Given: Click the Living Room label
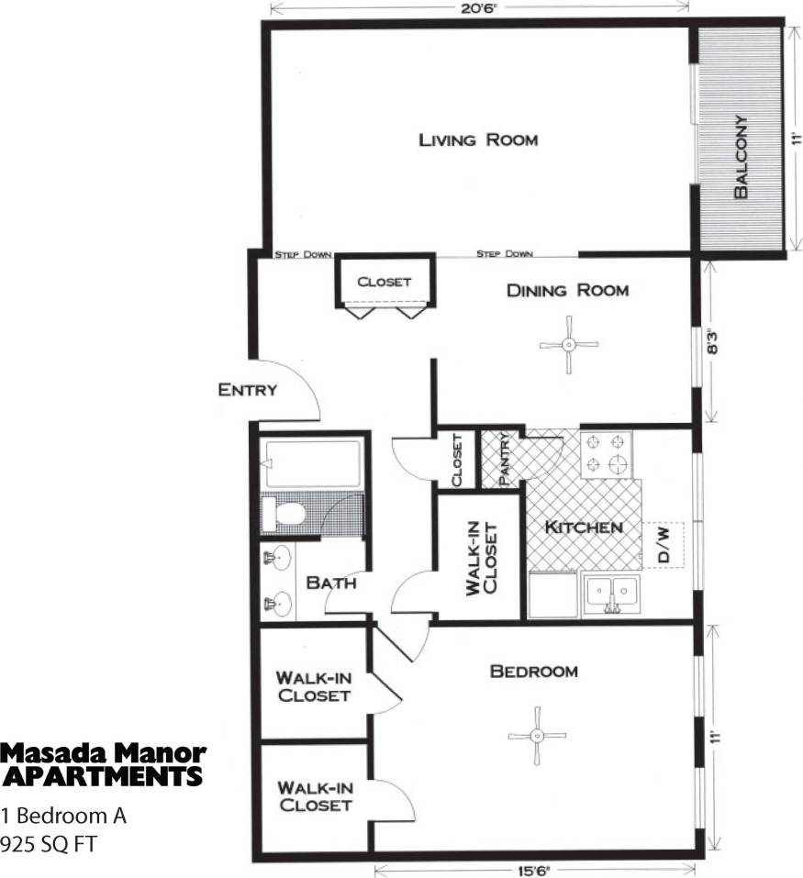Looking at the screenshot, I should click(x=478, y=140).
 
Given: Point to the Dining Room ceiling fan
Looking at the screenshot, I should click(x=569, y=345).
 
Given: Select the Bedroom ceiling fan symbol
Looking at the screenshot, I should click(x=536, y=735).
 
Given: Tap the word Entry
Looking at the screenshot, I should click(x=247, y=390).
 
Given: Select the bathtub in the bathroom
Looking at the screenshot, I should click(x=310, y=464).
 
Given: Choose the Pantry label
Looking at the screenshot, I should click(x=504, y=459).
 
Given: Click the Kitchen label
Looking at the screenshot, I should click(x=585, y=528).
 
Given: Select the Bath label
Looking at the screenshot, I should click(x=330, y=582).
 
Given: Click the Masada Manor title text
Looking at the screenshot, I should click(x=103, y=754).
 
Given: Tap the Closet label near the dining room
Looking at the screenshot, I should click(x=385, y=282).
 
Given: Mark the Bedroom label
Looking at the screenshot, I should click(x=534, y=672).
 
